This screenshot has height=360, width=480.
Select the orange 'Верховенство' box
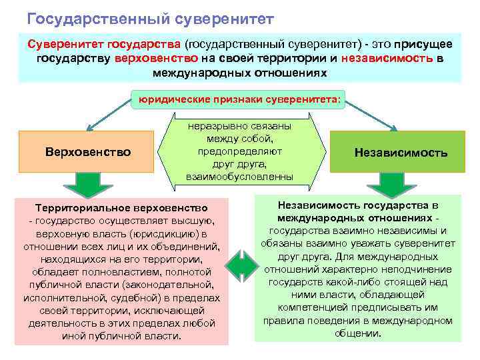click(x=88, y=151)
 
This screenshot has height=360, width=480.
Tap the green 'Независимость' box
click(x=401, y=153)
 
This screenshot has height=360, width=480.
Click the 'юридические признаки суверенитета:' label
click(x=239, y=100)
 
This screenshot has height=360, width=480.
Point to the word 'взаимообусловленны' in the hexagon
click(x=239, y=176)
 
